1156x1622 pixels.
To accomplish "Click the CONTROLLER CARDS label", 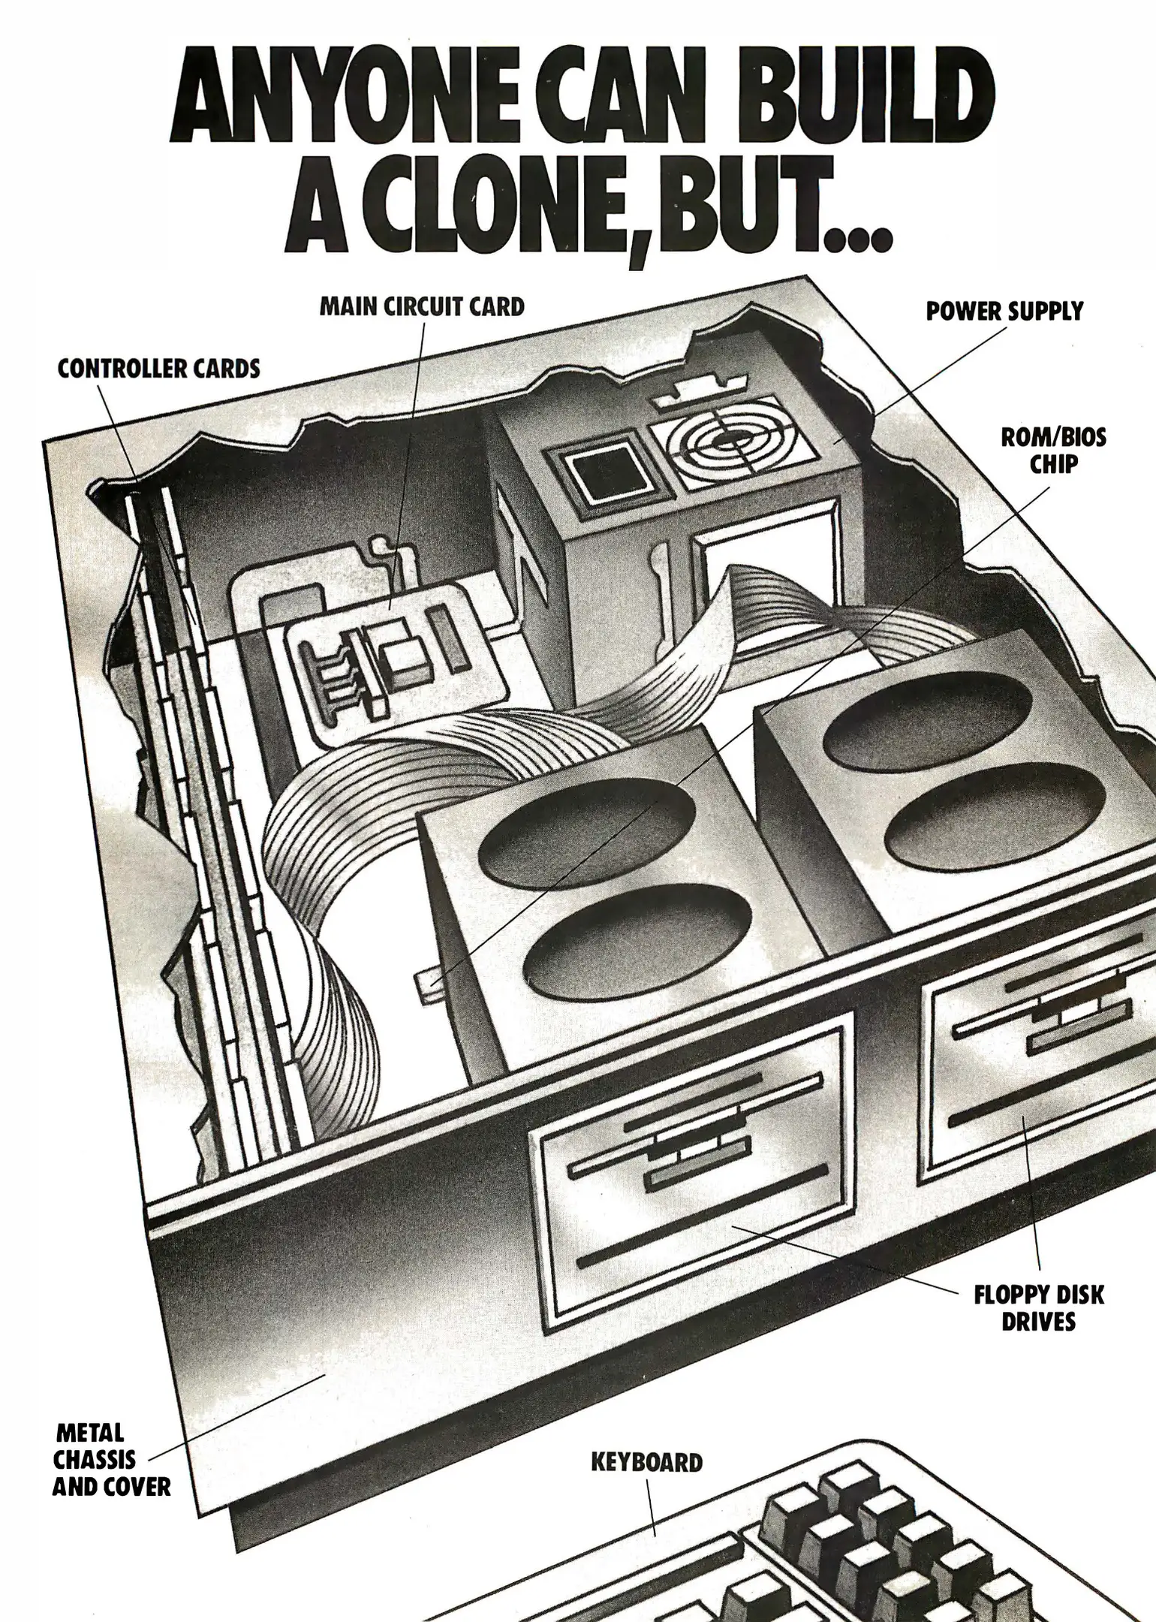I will pyautogui.click(x=159, y=369).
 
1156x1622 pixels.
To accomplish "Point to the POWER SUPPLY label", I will pyautogui.click(x=1004, y=311).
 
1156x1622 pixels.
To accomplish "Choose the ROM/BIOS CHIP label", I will pyautogui.click(x=1053, y=450).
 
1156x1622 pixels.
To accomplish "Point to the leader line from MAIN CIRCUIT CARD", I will pyautogui.click(x=407, y=466).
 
